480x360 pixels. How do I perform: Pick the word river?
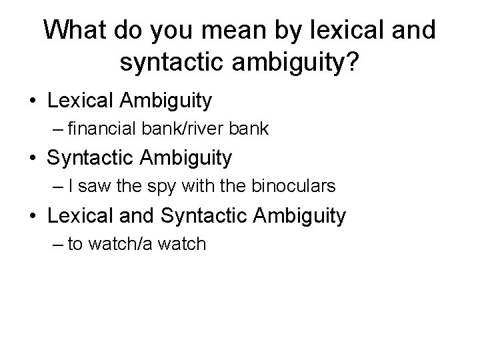214,129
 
